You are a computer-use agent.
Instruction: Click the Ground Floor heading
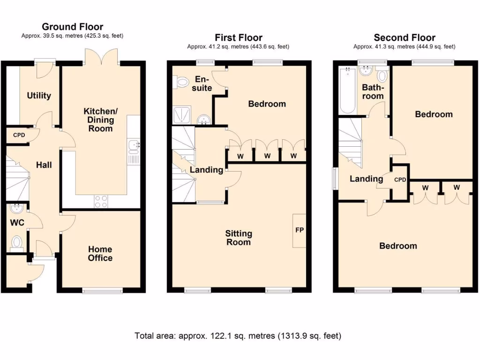tap(73, 27)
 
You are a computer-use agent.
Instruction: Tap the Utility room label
tap(39, 96)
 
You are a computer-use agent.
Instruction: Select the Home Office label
tap(100, 254)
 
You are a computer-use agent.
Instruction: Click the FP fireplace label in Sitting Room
tap(299, 230)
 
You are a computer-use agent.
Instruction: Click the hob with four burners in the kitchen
tap(101, 201)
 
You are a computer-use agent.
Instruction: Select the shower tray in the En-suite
tap(181, 115)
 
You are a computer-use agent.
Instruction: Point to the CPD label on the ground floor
tap(19, 135)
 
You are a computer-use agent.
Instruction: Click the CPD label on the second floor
tap(400, 180)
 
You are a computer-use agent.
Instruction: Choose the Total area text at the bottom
tap(238, 336)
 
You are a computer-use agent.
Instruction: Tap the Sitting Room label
tap(239, 238)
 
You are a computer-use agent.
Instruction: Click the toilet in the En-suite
tap(180, 83)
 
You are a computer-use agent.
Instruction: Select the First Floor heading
tap(238, 37)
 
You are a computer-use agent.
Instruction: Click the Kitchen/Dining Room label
tap(98, 120)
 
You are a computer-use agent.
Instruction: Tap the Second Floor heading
tap(404, 37)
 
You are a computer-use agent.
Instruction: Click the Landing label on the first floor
tap(206, 170)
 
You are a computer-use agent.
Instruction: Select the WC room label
tap(17, 222)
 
